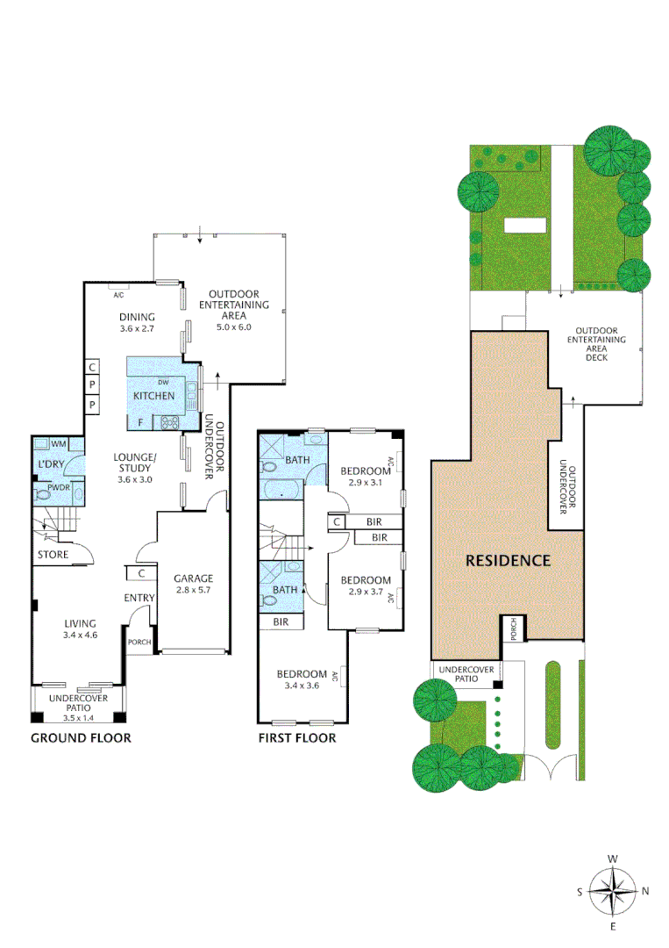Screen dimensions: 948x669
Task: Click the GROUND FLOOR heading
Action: [81, 737]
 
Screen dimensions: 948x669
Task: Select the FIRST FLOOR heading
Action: [296, 737]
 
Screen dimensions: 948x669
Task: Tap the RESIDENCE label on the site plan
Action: [507, 560]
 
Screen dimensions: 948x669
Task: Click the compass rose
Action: [614, 891]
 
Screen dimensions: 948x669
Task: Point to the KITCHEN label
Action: [153, 396]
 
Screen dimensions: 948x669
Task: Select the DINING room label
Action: [137, 318]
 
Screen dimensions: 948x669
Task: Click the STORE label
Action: [53, 555]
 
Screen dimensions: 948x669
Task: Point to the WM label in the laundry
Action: [59, 444]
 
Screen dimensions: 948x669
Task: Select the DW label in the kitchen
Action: [163, 383]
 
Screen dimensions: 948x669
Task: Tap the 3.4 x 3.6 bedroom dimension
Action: [301, 686]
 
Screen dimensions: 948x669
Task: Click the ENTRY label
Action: [139, 599]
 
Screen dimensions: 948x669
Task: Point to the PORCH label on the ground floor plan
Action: [139, 641]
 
